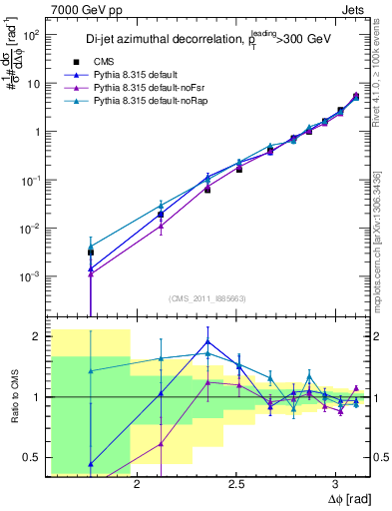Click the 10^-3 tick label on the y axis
(30, 276)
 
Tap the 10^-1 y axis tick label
(30, 180)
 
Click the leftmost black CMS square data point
(91, 253)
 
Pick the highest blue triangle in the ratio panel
(206, 341)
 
